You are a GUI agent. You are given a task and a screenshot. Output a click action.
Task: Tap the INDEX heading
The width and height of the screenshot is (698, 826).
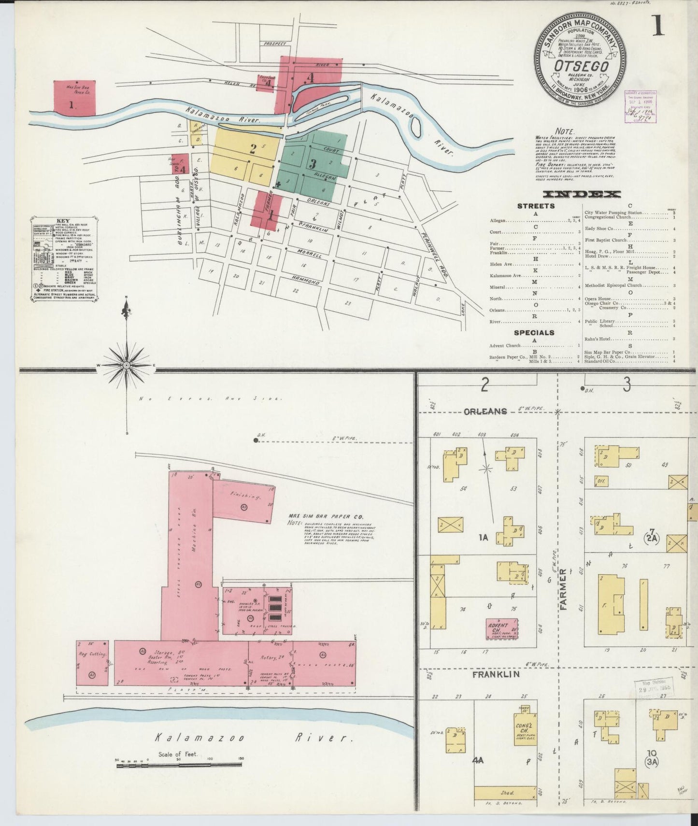582,195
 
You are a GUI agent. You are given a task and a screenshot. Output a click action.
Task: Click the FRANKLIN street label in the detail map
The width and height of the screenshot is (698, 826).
496,674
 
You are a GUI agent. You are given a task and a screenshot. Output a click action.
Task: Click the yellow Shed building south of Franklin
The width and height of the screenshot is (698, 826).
505,793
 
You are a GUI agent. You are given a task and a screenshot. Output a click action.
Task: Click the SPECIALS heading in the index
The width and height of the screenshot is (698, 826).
534,333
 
